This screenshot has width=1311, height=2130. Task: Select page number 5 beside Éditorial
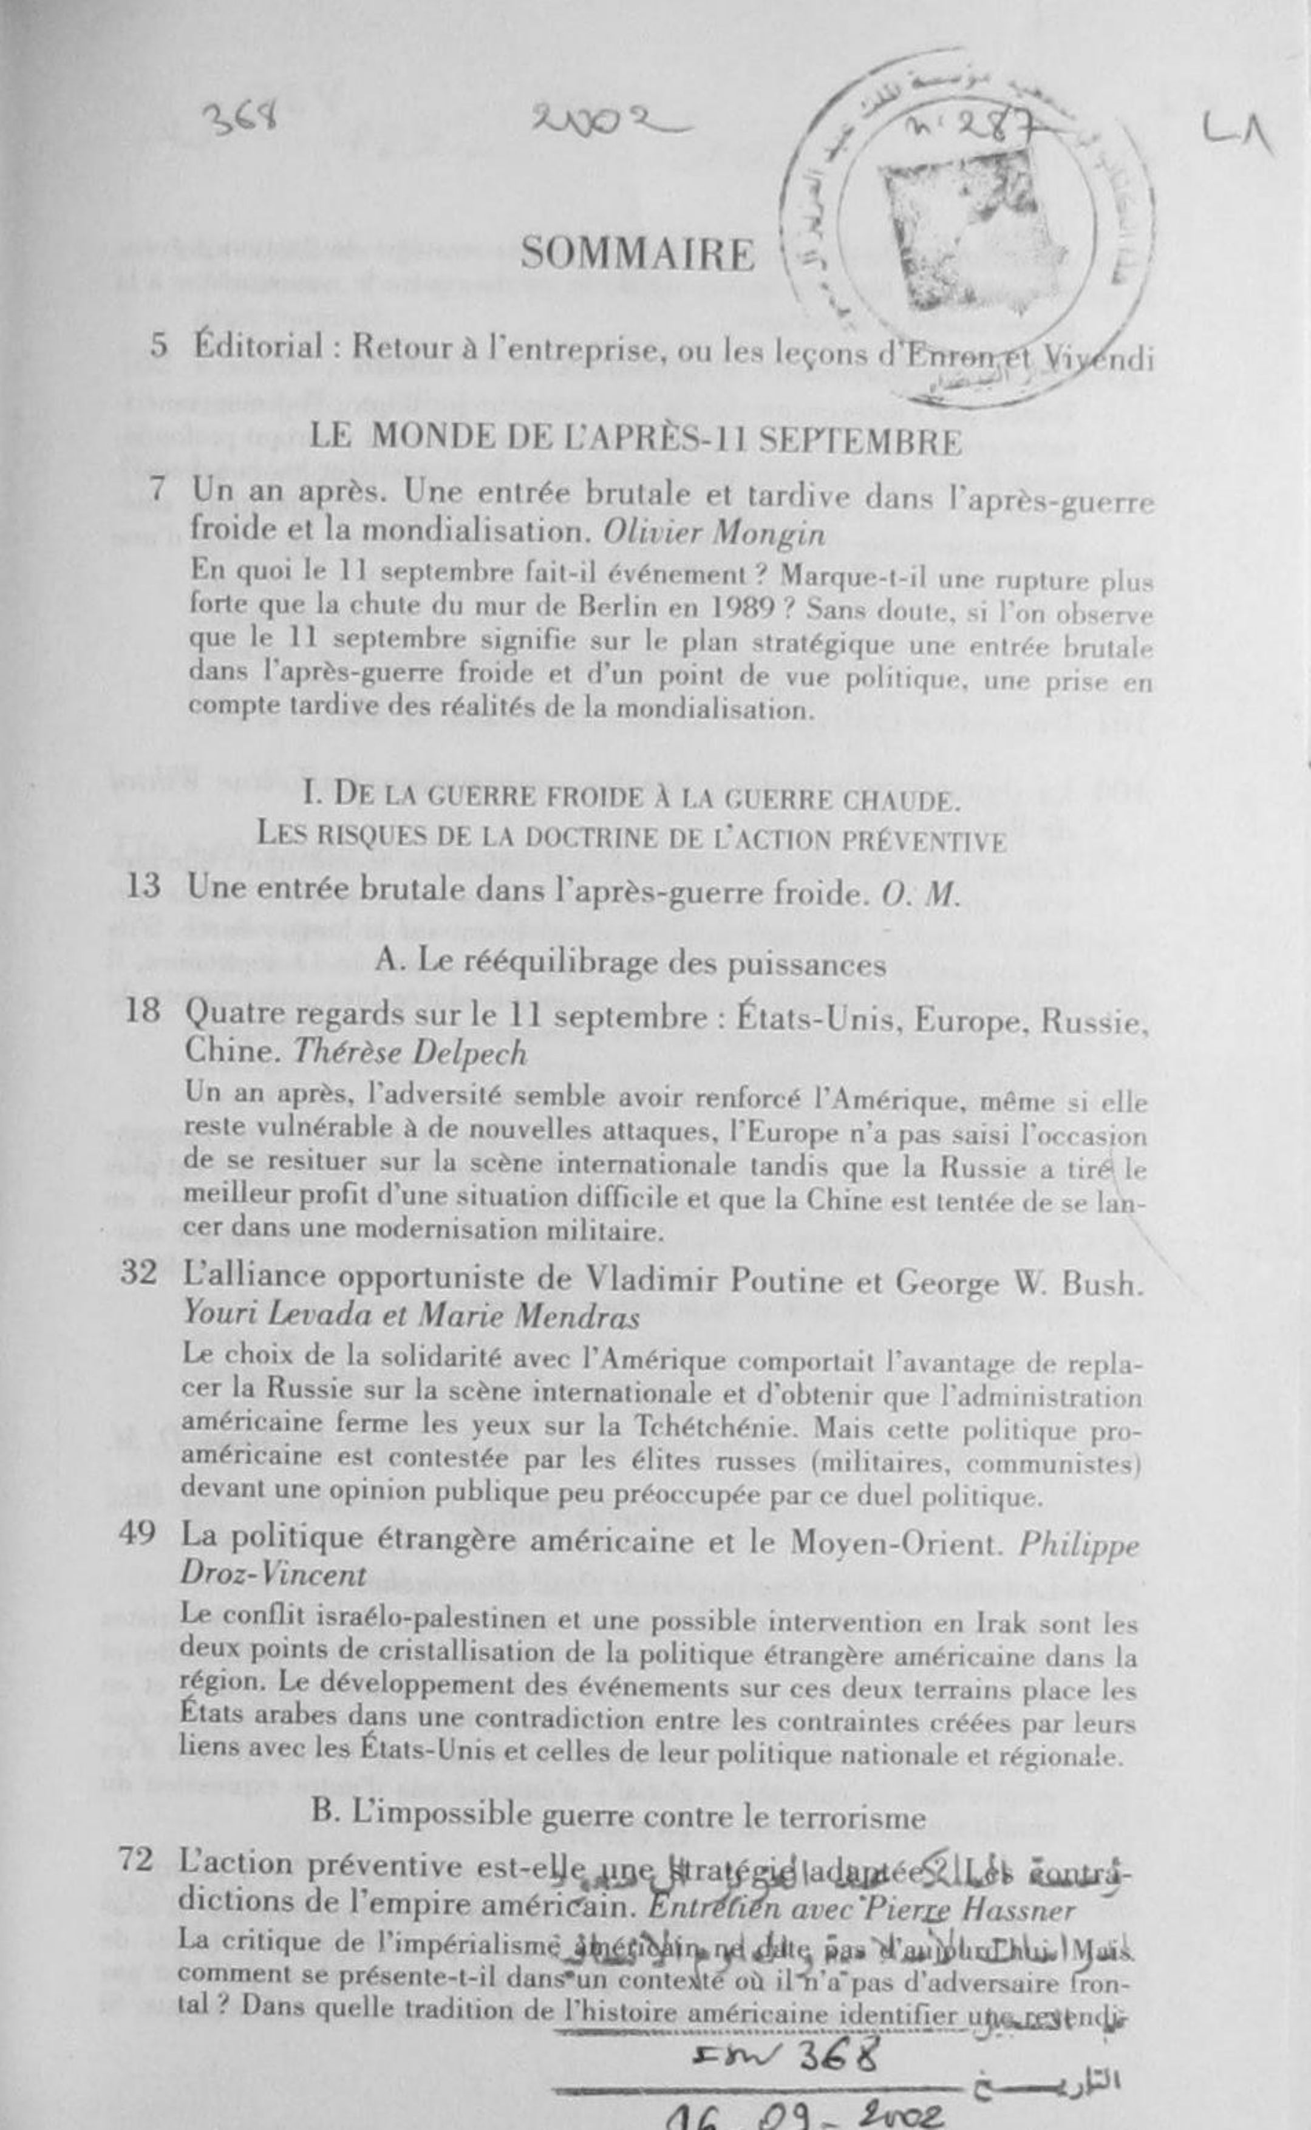pyautogui.click(x=158, y=346)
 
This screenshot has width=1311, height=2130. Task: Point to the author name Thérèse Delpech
pyautogui.click(x=410, y=1052)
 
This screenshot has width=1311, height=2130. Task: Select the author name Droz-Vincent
pyautogui.click(x=273, y=1573)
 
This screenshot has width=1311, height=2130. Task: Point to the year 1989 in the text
pyautogui.click(x=744, y=607)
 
